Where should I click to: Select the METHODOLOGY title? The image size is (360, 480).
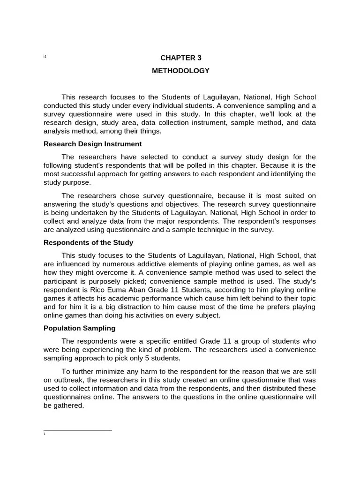point(180,71)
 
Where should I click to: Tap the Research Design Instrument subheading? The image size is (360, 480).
point(92,144)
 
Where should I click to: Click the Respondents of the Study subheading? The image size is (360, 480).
point(88,242)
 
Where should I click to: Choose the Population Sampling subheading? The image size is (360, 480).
point(79,328)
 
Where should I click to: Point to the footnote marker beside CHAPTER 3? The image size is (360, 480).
point(45,57)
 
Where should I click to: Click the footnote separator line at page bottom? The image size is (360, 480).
point(77,429)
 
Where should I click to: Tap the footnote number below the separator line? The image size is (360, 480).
point(44,434)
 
